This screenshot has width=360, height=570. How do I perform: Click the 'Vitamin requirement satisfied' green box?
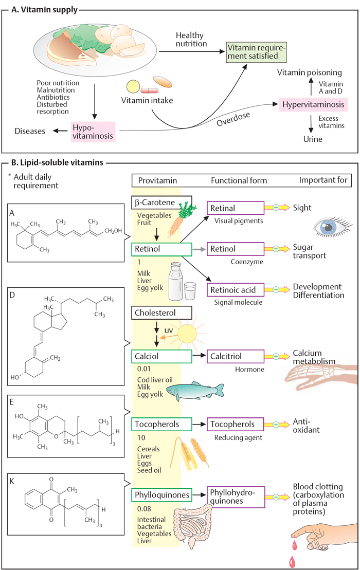click(256, 52)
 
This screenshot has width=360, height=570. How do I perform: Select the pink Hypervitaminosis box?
click(313, 105)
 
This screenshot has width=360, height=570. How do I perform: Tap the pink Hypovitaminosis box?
click(93, 132)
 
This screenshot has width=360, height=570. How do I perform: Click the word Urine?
click(313, 139)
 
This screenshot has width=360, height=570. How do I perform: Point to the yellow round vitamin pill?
click(133, 86)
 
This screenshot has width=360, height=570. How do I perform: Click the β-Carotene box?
click(161, 203)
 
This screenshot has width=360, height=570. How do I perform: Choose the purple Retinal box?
click(236, 208)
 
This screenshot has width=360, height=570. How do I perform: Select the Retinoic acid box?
click(236, 290)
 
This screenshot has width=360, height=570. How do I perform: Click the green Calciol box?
click(161, 356)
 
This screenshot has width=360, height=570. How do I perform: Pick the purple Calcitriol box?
click(236, 356)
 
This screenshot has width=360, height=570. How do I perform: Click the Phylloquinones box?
click(161, 495)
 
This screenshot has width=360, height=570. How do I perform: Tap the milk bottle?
click(175, 281)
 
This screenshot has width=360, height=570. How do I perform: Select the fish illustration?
click(195, 391)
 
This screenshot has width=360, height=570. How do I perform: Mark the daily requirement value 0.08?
click(144, 509)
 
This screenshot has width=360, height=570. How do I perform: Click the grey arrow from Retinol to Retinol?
click(199, 249)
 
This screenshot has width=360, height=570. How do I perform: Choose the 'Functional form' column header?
click(239, 181)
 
